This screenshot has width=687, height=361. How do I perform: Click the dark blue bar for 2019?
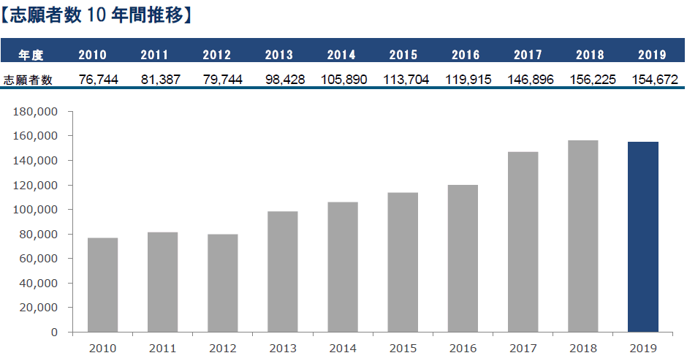pos(643,237)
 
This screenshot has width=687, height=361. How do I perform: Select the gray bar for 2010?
pos(102,285)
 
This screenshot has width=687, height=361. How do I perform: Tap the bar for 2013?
pos(282,271)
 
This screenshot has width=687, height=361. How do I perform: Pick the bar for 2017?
pos(523,242)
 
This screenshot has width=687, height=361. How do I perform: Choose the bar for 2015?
pos(403,262)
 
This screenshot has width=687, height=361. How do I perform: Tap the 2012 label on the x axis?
pos(222,348)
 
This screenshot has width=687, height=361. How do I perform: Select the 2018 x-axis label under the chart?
pos(582,348)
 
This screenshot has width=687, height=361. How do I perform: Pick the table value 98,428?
pos(278,80)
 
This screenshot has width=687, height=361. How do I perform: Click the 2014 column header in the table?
pos(341,55)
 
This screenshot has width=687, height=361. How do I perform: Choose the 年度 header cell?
pos(31,55)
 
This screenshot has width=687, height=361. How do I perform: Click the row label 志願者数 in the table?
pos(28,80)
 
